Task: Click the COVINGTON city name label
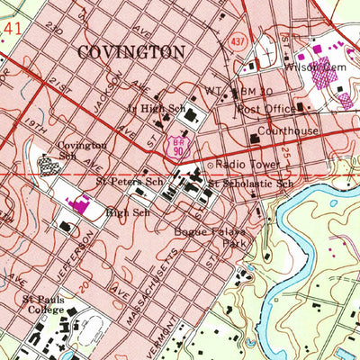tap(131, 53)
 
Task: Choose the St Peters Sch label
tap(133, 180)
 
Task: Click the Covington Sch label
tap(82, 149)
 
